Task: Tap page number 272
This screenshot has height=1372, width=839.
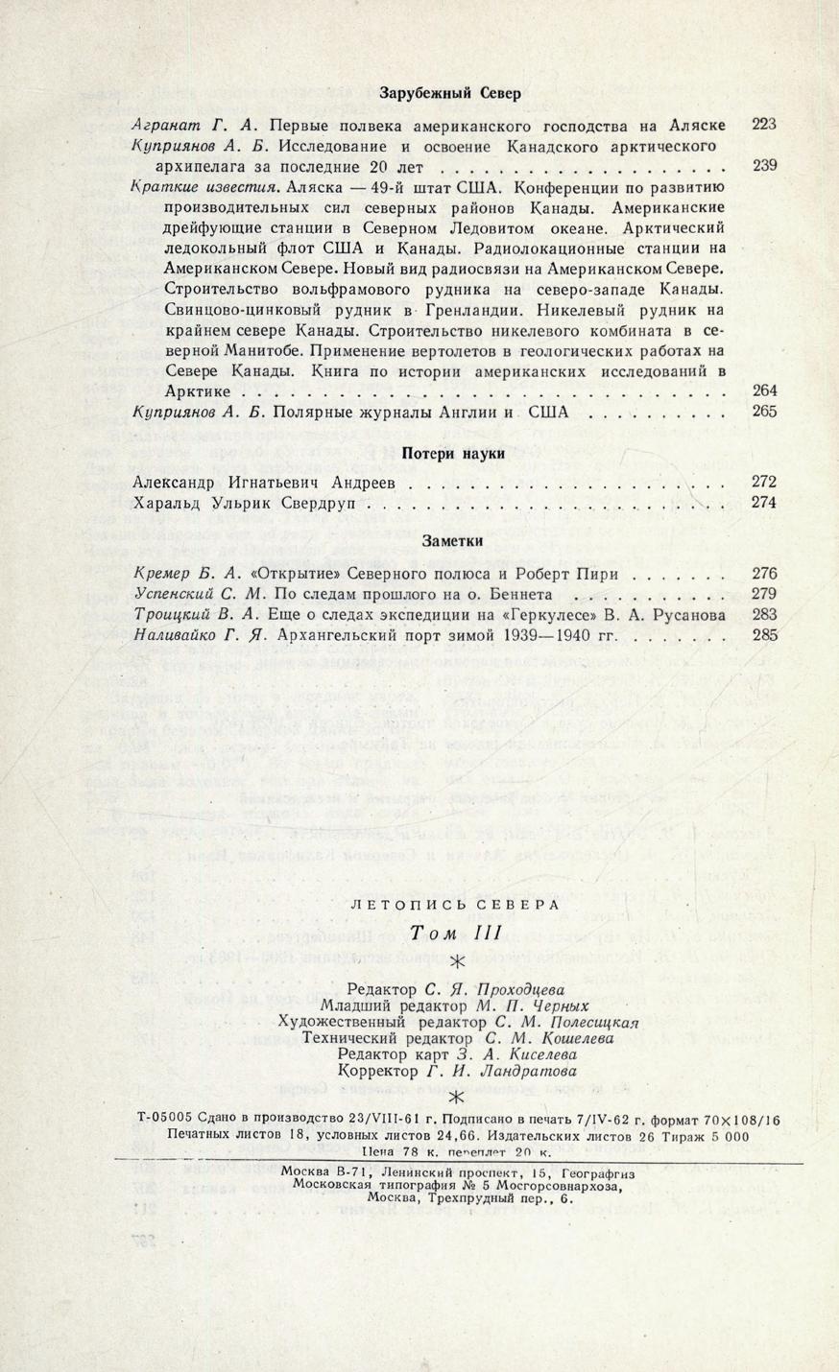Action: click(x=764, y=482)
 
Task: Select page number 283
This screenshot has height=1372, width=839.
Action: click(x=764, y=614)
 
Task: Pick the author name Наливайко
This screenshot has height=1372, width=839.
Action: click(x=174, y=635)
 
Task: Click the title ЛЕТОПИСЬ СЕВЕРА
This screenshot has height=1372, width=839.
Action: click(x=455, y=905)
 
